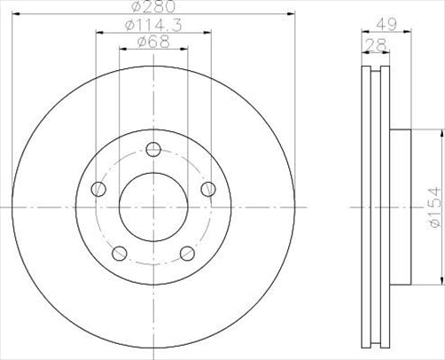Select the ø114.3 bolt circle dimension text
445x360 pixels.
[x=152, y=27]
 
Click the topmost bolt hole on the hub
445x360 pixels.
[x=154, y=149]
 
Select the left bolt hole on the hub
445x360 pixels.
[x=99, y=190]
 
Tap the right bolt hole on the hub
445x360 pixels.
[x=209, y=189]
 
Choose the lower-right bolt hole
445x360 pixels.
[x=188, y=254]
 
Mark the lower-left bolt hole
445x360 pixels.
[x=121, y=254]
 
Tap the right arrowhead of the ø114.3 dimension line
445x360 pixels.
[x=209, y=35]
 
